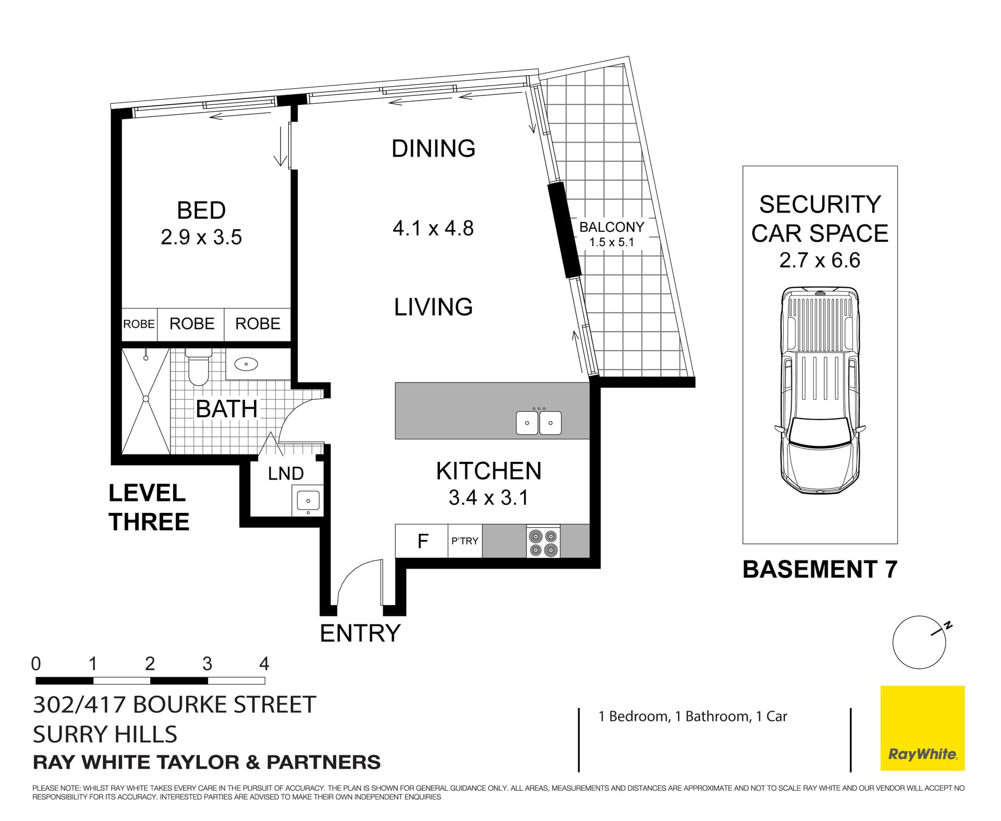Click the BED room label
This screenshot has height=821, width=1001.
coord(201,211)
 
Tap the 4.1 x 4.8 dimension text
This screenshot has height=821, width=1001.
coord(433,228)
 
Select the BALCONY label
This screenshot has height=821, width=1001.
coord(612,227)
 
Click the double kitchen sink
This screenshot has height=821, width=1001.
coord(539,423)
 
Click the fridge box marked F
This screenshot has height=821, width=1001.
coord(422,542)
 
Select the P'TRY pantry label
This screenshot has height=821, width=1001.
coord(465,541)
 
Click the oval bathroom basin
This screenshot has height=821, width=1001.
coord(246,364)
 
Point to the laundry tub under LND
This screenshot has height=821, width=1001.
coord(308,501)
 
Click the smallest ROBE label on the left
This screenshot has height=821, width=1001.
coord(139,324)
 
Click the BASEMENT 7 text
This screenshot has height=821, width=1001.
coord(820,569)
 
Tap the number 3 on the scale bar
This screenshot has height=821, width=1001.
coord(207,664)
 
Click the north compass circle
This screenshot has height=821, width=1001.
coord(919,643)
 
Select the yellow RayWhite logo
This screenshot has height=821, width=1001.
coord(922,728)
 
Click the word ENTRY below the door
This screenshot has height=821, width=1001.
coord(360,633)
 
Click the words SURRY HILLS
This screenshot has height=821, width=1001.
coord(105,734)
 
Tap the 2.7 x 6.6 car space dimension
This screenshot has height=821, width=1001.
coord(820,260)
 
